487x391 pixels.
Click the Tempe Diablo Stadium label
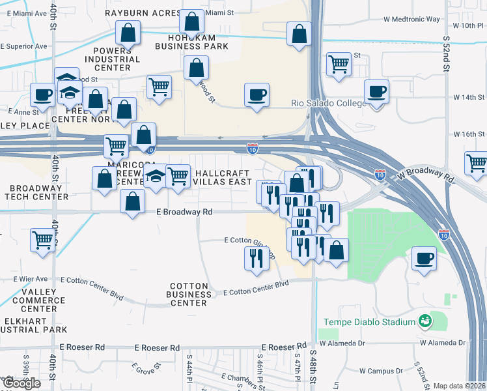click(370, 323)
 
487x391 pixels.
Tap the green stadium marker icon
click(425, 322)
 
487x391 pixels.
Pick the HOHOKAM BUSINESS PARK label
click(191, 41)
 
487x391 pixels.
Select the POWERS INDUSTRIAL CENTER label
click(117, 59)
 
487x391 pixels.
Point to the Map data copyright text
click(460, 386)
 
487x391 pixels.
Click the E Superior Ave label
click(23, 46)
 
